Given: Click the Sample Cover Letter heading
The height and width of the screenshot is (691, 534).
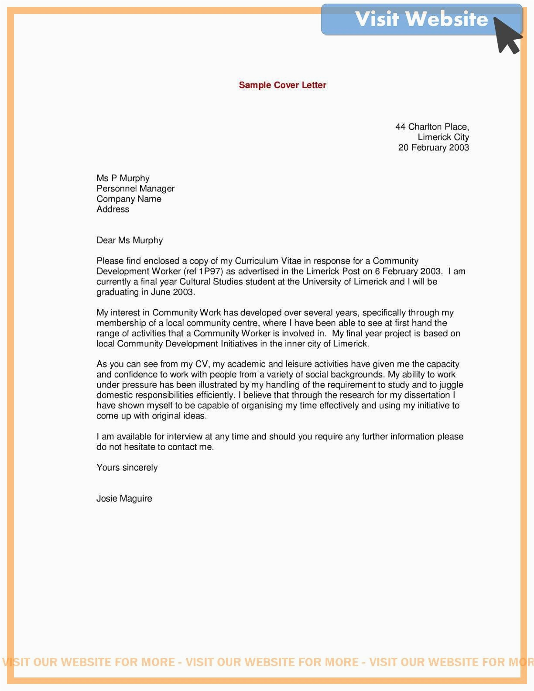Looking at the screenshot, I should tap(282, 85).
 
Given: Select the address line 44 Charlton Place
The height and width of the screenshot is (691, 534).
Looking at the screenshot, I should tap(432, 127).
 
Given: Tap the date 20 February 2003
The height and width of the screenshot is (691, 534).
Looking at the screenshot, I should tap(433, 147).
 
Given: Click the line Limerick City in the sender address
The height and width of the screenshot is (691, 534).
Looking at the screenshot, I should tap(443, 137).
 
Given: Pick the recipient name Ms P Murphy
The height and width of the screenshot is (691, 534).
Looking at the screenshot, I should tap(123, 178).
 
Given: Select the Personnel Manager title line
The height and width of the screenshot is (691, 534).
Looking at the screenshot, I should tap(135, 188).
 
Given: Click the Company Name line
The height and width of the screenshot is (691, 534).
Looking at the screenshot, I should tap(129, 199).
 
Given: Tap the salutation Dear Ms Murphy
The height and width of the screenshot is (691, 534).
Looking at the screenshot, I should tap(130, 240).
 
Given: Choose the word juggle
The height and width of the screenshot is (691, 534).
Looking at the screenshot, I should tap(450, 385).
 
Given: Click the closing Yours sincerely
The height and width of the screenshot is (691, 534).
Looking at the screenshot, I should tap(127, 468).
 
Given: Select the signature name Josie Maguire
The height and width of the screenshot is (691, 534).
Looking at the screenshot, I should tap(124, 499).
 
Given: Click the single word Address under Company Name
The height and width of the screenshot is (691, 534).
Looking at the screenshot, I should tap(113, 209).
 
